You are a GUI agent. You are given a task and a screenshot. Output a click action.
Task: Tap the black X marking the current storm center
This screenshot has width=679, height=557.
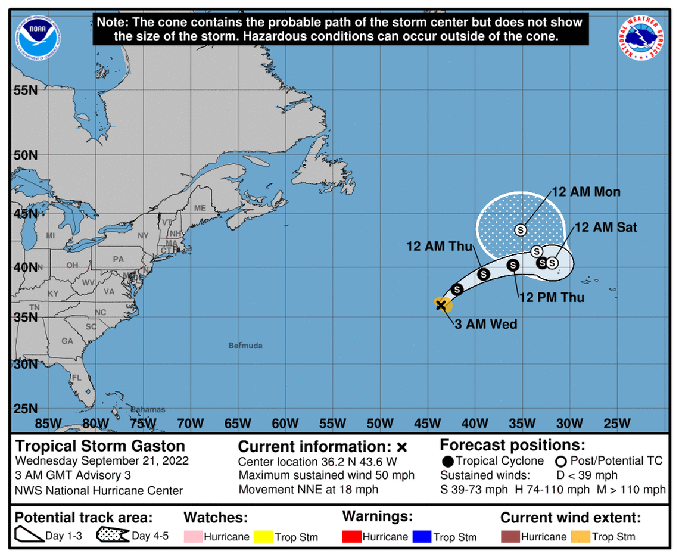click(x=441, y=305)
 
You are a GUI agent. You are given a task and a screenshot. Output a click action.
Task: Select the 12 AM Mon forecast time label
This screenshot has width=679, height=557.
click(x=586, y=192)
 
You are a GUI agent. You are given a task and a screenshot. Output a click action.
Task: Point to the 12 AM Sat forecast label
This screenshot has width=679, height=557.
click(x=605, y=227)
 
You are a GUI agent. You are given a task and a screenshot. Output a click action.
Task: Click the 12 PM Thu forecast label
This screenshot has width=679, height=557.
click(x=552, y=297)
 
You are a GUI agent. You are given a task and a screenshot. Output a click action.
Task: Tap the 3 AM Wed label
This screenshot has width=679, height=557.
click(x=485, y=325)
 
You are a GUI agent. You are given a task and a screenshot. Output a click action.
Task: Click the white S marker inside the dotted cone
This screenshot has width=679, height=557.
click(x=521, y=229)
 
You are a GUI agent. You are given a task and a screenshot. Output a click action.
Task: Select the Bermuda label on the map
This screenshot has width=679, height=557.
click(x=245, y=346)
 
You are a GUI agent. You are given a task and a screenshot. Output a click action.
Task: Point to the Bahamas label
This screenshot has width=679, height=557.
click(x=148, y=410)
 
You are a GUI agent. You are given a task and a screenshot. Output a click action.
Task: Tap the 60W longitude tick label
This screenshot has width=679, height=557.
click(x=285, y=424)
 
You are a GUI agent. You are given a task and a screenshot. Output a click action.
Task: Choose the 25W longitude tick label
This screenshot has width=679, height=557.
click(x=616, y=424)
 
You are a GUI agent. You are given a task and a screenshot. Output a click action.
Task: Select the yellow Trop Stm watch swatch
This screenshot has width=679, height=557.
click(x=263, y=536)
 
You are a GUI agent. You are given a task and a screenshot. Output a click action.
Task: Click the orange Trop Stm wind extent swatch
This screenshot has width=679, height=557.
click(x=580, y=536)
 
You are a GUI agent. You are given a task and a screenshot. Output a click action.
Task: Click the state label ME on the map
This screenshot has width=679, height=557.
click(x=200, y=208)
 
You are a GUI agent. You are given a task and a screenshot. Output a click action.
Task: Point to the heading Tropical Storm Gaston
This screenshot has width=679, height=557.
click(x=100, y=446)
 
